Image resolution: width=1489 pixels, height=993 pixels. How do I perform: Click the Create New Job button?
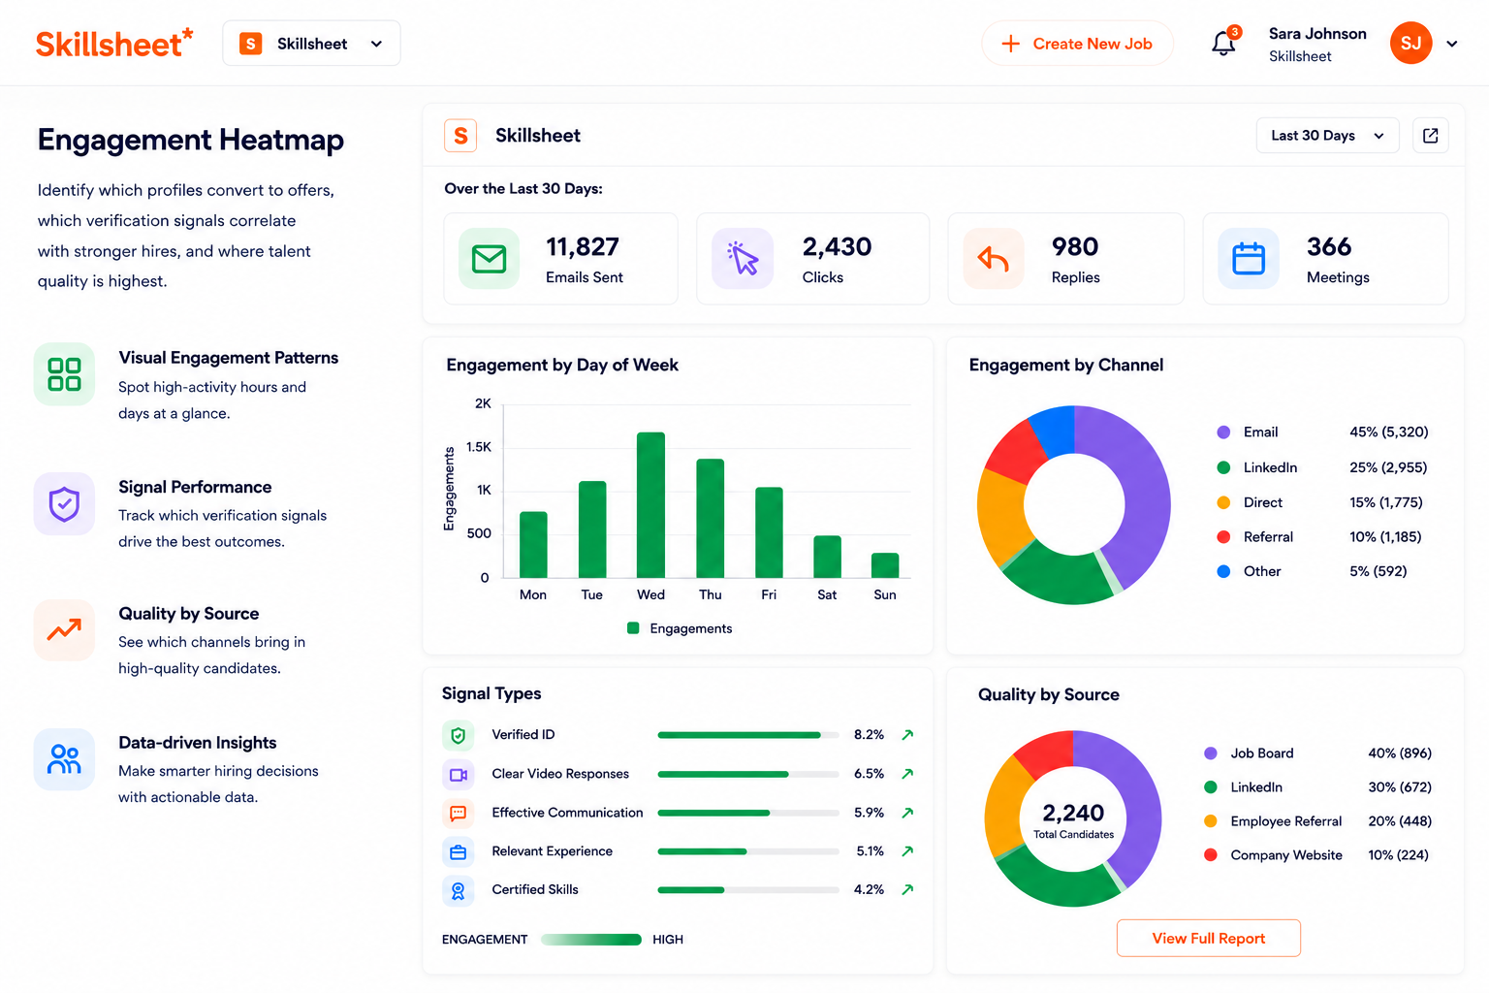1078,44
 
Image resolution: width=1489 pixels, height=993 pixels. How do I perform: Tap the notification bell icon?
1223,44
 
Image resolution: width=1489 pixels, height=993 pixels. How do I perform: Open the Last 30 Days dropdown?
1327,136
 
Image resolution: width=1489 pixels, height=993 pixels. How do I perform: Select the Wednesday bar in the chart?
650,505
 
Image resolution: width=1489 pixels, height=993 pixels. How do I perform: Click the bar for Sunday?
885,565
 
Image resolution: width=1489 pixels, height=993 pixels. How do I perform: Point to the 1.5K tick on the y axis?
479,447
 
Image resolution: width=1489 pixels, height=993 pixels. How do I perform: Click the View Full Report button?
1209,938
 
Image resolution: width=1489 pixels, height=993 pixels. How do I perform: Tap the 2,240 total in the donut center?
1073,813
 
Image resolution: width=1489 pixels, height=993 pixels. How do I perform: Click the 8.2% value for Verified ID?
869,734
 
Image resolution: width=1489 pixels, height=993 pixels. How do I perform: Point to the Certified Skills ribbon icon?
458,890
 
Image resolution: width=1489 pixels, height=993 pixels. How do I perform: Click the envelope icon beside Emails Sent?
490,259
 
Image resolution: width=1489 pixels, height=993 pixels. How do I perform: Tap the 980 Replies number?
1075,246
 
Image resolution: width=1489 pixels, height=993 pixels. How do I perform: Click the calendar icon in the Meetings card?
1249,259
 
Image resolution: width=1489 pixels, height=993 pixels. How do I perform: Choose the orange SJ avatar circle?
1410,44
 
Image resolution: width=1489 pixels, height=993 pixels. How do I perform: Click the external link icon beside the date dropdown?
1431,136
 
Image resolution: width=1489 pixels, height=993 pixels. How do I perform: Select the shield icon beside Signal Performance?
65,504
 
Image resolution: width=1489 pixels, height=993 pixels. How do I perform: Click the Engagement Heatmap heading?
191,140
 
